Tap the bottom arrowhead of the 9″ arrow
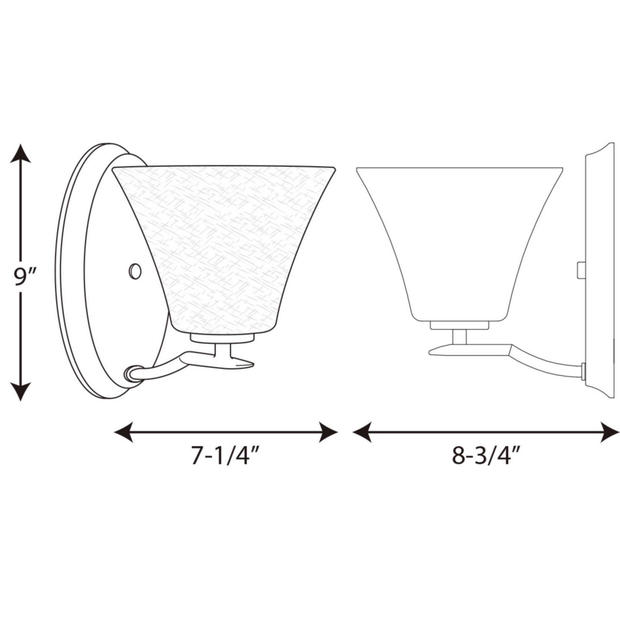(x=20, y=391)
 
